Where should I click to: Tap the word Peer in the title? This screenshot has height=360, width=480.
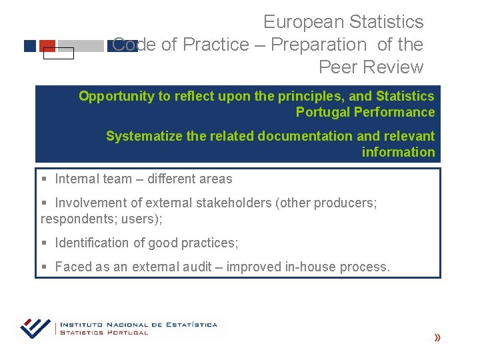pyautogui.click(x=339, y=67)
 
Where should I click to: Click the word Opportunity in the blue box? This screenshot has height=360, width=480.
pyautogui.click(x=116, y=96)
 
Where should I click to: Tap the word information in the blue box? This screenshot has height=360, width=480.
pyautogui.click(x=398, y=152)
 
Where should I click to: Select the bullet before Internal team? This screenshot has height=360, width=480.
pyautogui.click(x=43, y=179)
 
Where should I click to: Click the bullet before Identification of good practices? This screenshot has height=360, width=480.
pyautogui.click(x=43, y=243)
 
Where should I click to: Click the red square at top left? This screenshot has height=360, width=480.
pyautogui.click(x=47, y=45)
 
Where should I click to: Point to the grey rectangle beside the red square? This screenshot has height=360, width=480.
pyautogui.click(x=81, y=46)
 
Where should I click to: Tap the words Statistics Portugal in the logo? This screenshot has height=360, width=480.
pyautogui.click(x=104, y=332)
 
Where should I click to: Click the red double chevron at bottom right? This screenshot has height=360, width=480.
pyautogui.click(x=437, y=338)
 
